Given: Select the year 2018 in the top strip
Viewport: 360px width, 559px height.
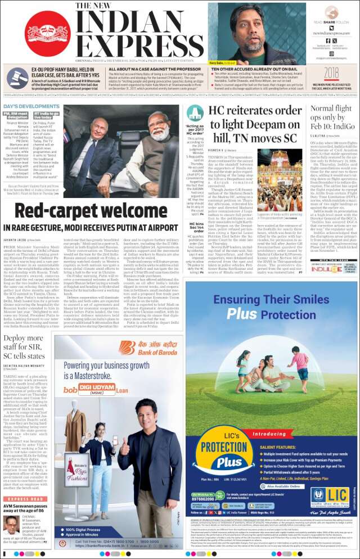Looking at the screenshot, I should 331,73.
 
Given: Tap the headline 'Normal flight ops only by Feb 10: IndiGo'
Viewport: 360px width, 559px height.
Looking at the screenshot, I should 332,118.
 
